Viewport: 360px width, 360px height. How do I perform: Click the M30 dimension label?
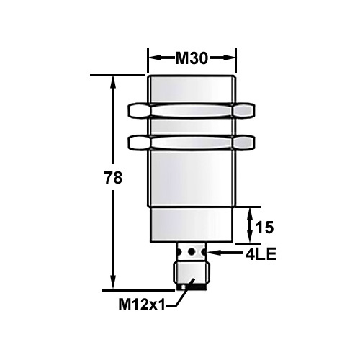click(x=192, y=58)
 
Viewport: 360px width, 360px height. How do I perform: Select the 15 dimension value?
click(x=265, y=228)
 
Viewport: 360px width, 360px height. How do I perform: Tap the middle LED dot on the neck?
click(x=192, y=253)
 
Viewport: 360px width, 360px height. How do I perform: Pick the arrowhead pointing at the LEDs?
click(x=215, y=253)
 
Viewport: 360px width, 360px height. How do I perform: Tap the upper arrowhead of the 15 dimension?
click(x=249, y=213)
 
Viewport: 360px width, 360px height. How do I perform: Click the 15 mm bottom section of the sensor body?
click(x=192, y=225)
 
